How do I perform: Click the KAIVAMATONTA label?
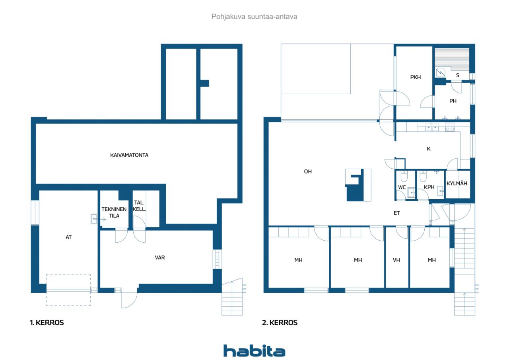129,155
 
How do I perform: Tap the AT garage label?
69,237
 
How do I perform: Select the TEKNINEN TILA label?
114,212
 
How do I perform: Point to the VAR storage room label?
160,258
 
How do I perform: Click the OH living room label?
308,171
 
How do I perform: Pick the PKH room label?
416,77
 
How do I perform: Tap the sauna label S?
458,75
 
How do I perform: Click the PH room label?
453,101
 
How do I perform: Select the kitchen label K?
429,149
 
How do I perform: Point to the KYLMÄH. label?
457,183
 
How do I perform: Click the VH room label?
396,260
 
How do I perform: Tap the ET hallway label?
397,213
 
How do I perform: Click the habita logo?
254,351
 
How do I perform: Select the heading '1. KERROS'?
47,323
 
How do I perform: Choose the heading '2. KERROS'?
280,323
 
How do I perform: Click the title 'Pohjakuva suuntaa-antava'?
254,17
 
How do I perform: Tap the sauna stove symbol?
440,73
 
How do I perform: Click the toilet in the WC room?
404,176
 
